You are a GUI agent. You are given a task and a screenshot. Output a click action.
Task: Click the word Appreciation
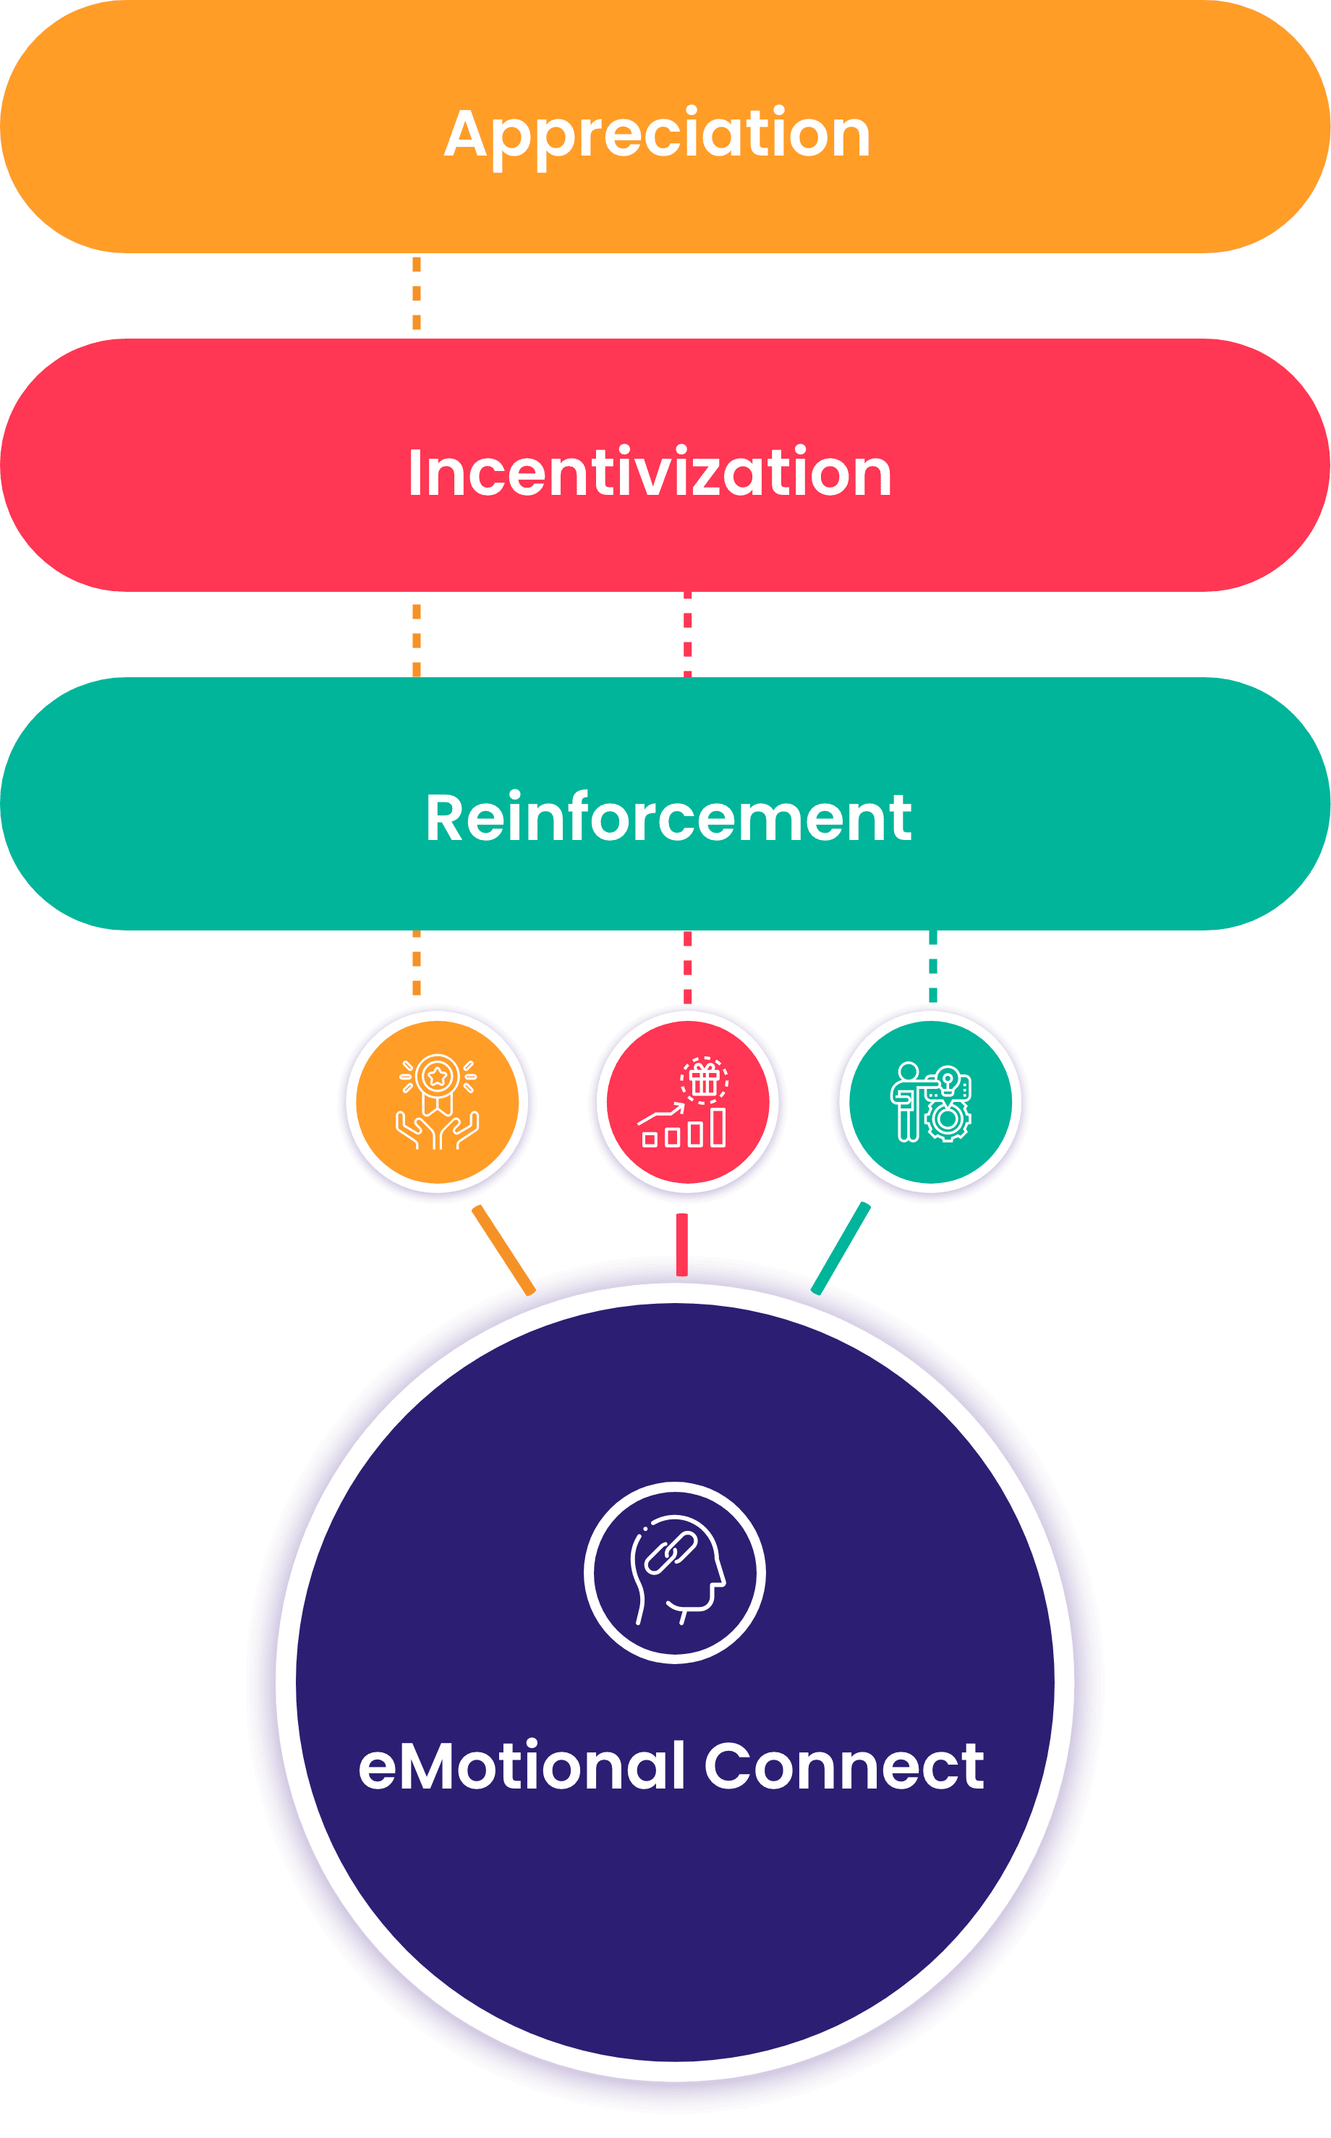pos(657,135)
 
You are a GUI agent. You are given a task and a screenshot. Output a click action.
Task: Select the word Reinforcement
pos(668,818)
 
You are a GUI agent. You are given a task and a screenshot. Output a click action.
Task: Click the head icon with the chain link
pos(674,1572)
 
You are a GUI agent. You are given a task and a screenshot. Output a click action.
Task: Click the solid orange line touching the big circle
pos(503,1250)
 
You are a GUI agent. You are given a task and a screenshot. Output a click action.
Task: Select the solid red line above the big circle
pos(681,1244)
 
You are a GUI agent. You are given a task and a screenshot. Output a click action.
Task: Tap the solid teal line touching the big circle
pos(840,1248)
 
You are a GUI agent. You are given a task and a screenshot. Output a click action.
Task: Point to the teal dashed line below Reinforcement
pos(933,966)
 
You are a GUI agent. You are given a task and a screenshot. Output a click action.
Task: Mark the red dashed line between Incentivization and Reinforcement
pos(687,634)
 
